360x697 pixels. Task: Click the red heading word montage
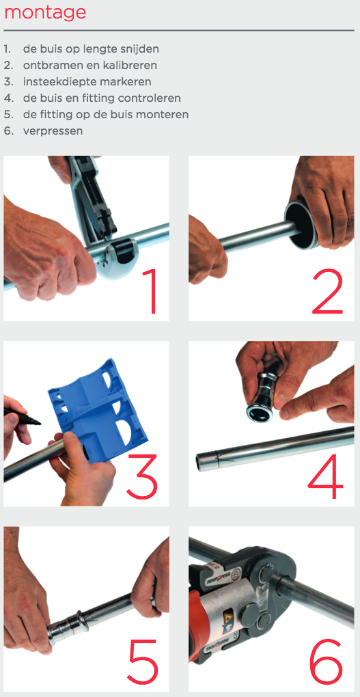[45, 12]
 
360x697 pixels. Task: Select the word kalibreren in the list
[132, 65]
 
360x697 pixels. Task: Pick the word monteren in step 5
[166, 114]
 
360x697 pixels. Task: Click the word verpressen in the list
[53, 131]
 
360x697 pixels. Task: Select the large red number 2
[328, 289]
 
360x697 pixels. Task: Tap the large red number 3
[142, 475]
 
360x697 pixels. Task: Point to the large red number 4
[325, 475]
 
